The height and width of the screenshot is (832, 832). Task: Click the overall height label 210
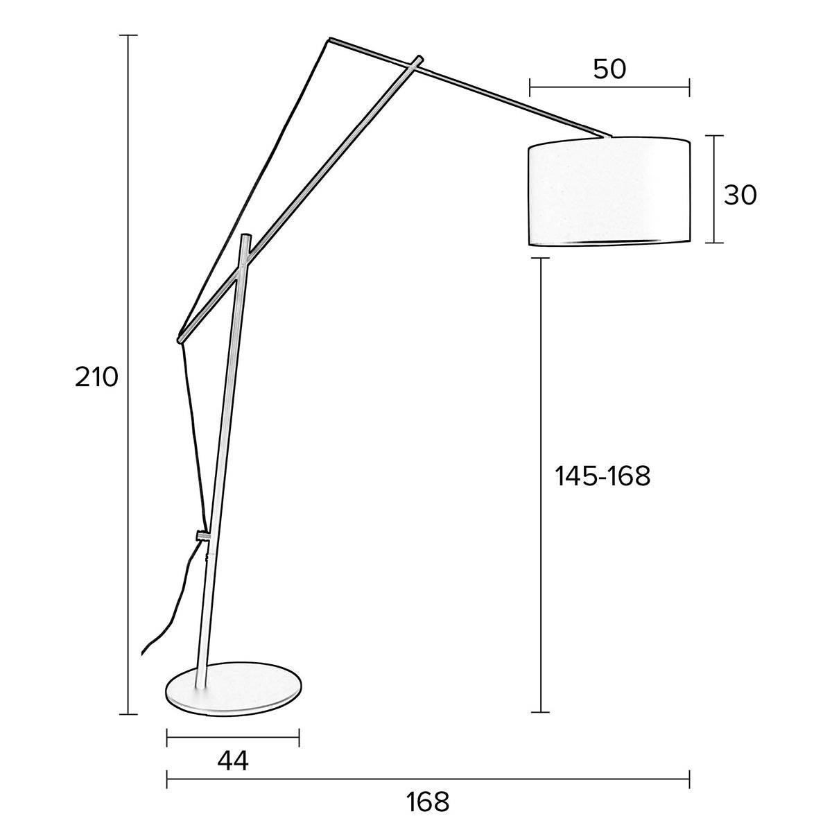97,378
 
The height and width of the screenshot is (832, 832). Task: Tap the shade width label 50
609,69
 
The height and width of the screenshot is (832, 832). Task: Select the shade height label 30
740,196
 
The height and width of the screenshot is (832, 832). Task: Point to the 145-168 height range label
603,476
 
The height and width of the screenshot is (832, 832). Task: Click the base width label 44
232,761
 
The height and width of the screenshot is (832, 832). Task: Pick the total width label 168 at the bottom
428,802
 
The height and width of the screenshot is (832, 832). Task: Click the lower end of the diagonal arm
180,339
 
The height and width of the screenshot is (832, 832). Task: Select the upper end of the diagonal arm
419,58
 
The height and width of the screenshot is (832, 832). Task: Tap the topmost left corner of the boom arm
330,40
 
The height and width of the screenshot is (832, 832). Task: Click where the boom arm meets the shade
607,137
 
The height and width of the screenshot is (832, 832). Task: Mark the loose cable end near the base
142,652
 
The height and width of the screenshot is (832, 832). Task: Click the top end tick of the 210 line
128,35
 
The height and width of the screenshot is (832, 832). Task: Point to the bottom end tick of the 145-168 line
541,712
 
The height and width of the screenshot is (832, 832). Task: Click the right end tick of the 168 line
688,779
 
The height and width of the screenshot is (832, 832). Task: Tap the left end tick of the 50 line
530,87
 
